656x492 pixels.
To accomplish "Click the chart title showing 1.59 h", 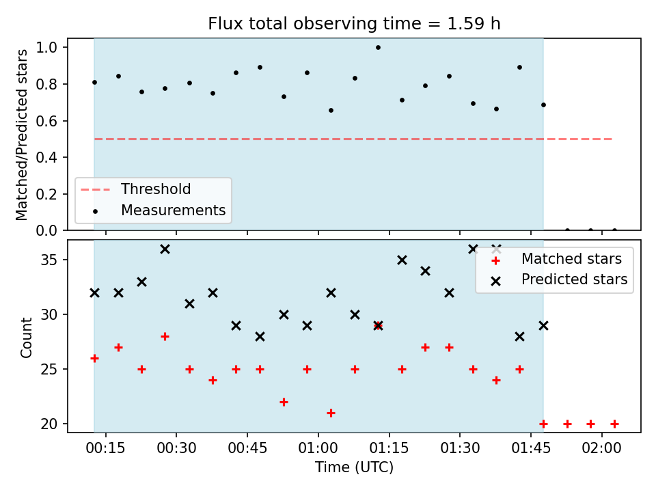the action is coord(354,23).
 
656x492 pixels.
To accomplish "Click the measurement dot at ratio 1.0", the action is coord(378,48).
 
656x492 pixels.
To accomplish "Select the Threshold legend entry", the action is coord(135,189).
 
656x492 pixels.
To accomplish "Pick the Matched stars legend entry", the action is coord(556,259).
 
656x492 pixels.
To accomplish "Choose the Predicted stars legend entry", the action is coord(560,279).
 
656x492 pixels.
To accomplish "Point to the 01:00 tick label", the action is coord(318,448).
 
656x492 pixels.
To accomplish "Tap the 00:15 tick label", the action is coord(105,448).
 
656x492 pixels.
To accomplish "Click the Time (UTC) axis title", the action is coord(354,467).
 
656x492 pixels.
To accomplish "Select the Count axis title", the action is coord(27,337).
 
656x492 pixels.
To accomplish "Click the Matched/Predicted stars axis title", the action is coord(21,135).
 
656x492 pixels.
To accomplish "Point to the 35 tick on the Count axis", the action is coord(49,260).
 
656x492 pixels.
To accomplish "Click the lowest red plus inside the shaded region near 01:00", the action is coord(331,413).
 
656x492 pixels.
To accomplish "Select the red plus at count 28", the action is coord(165,336).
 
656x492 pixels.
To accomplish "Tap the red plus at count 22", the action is coord(284,402).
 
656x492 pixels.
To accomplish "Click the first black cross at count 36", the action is coord(165,249).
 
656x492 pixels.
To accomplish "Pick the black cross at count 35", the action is coord(402,260).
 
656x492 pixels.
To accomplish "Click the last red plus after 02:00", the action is coord(614,424).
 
